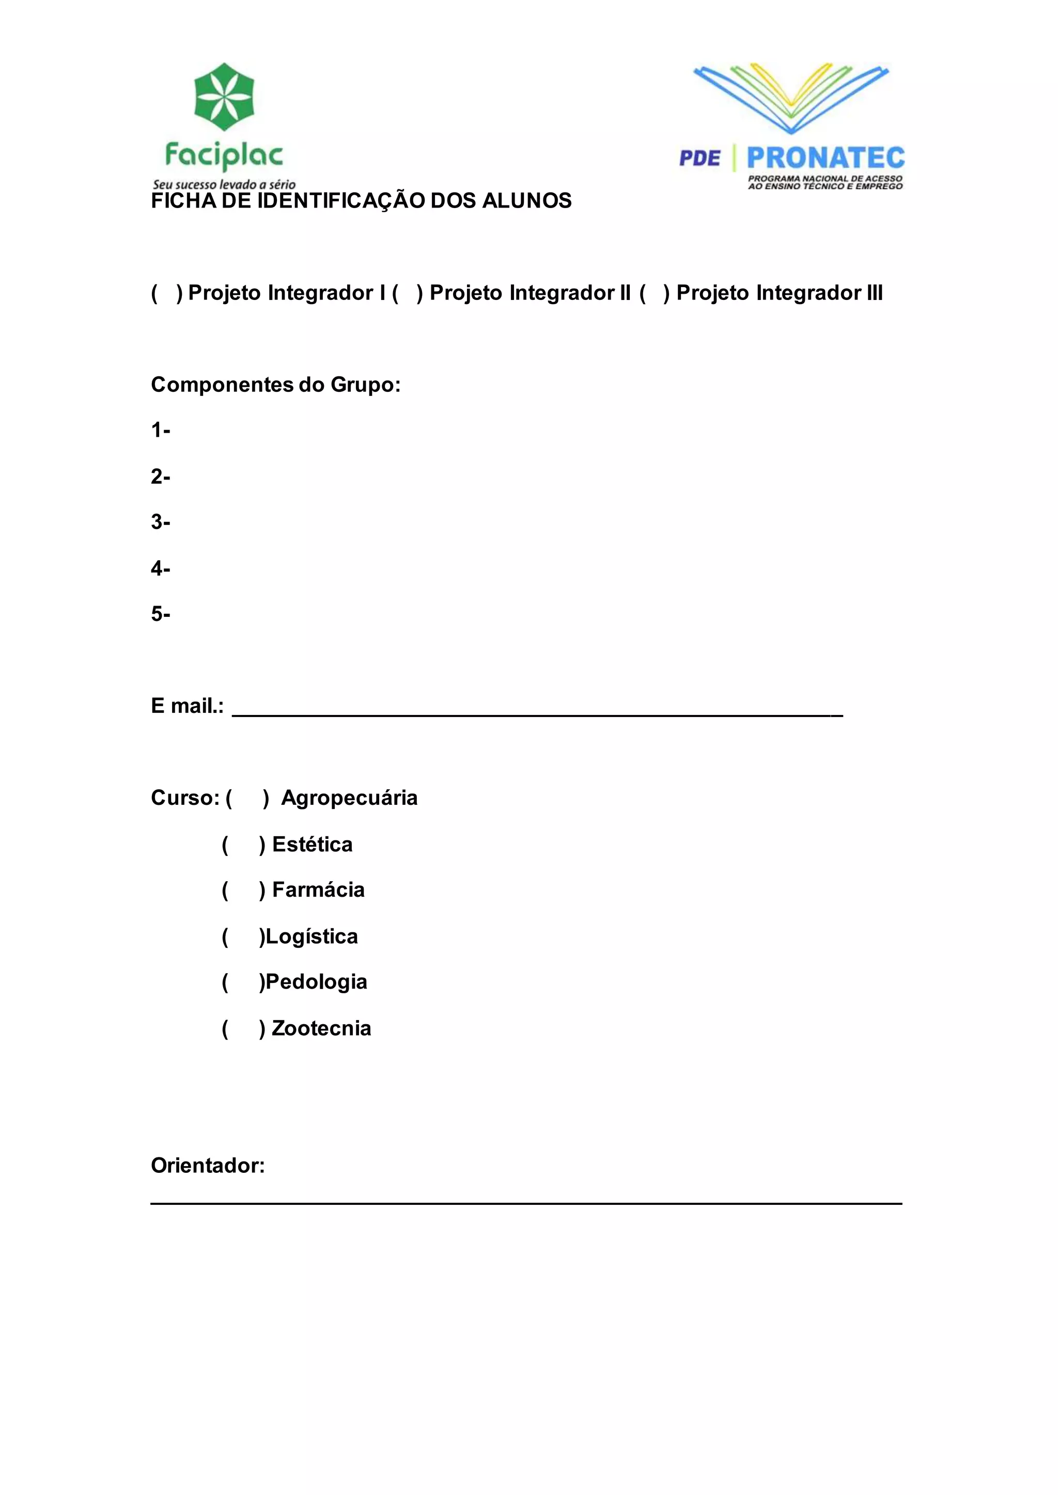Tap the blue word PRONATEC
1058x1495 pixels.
click(x=826, y=158)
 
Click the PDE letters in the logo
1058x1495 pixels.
click(x=699, y=158)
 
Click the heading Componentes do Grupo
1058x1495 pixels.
click(x=275, y=385)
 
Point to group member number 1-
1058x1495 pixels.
click(x=160, y=431)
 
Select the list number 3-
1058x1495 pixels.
click(x=160, y=522)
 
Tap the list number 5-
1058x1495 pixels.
click(x=160, y=614)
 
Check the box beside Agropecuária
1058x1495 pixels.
click(x=247, y=798)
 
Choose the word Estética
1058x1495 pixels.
click(x=312, y=845)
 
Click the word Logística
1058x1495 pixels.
click(x=312, y=937)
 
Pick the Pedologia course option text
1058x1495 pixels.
click(x=317, y=982)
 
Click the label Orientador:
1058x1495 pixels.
click(x=208, y=1166)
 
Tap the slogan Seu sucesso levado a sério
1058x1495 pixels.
click(x=224, y=184)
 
